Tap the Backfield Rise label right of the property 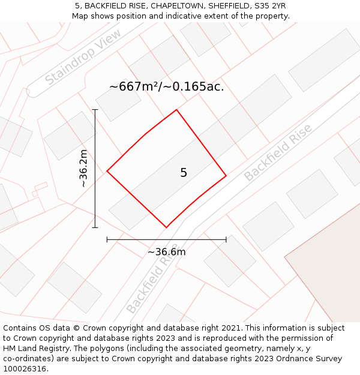point(278,153)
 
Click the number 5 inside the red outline point(184,173)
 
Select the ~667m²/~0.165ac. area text point(166,86)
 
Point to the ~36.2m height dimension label point(83,169)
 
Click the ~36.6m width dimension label point(167,252)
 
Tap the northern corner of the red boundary point(176,110)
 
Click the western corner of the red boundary point(107,171)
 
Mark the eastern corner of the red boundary point(226,176)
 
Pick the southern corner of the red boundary point(166,227)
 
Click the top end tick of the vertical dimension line point(95,110)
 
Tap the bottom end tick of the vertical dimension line point(95,227)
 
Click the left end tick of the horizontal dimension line point(107,239)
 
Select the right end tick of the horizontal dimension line point(226,239)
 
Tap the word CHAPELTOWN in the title point(175,6)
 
